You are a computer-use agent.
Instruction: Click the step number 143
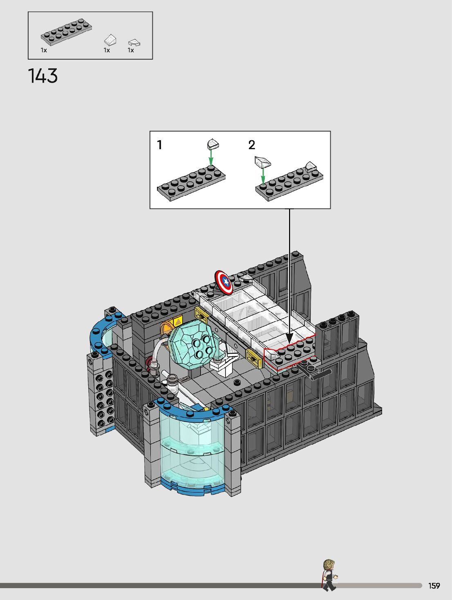43,76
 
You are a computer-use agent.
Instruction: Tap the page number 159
434,586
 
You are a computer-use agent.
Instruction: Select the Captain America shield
224,282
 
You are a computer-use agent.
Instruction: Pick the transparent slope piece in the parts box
110,40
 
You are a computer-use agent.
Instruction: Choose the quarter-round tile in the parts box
134,43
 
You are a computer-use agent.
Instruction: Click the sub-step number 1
160,145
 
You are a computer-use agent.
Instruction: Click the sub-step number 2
252,145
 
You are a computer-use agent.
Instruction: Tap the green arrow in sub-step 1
211,157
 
